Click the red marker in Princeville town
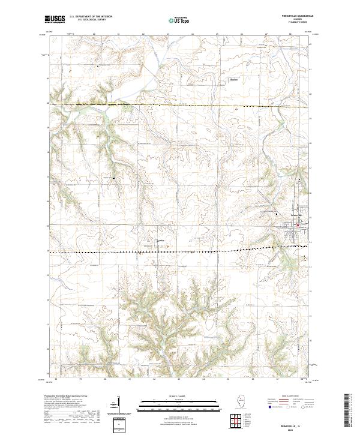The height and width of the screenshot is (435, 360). click(x=298, y=226)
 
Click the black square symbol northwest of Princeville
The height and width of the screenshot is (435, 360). click(x=277, y=213)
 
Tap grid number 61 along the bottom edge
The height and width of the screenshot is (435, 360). click(x=130, y=379)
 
